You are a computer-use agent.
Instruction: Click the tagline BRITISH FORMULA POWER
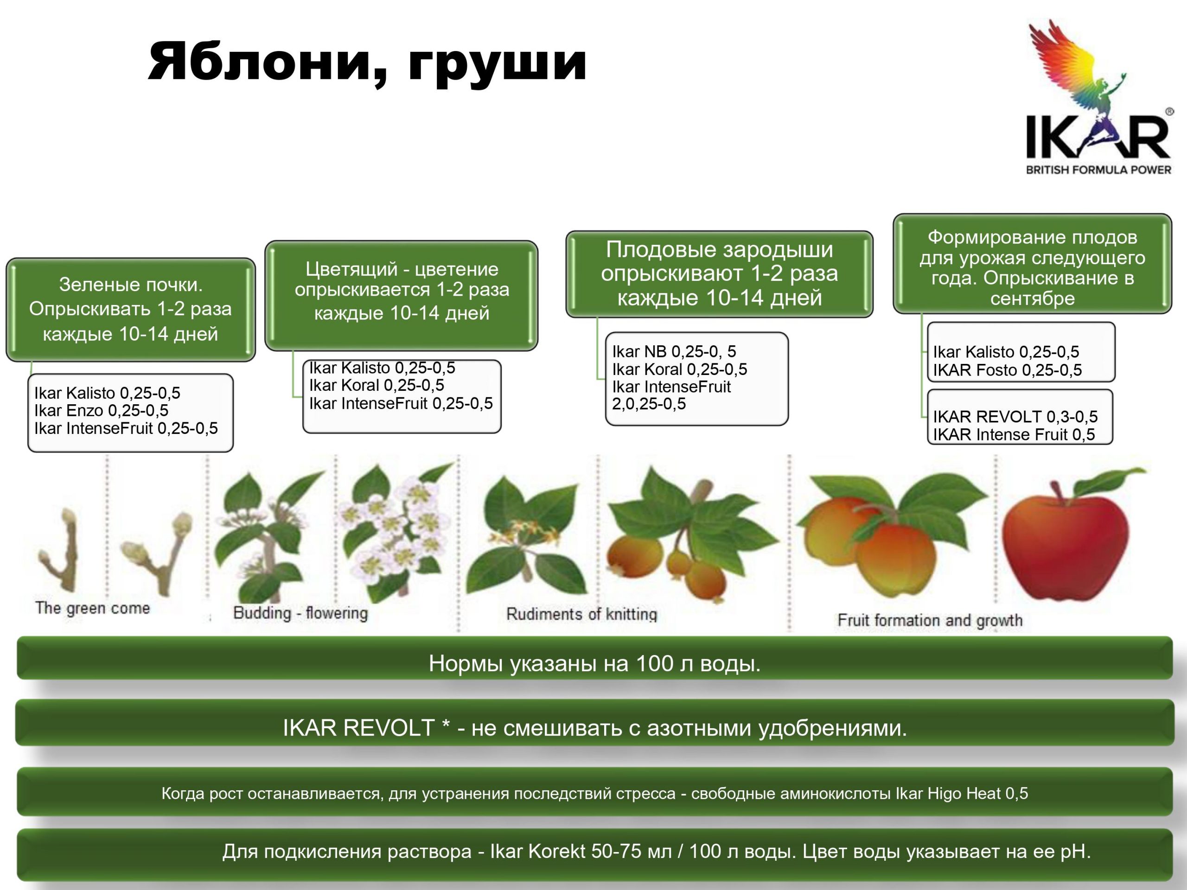[x=1098, y=170]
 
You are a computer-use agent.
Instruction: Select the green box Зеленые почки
[x=130, y=310]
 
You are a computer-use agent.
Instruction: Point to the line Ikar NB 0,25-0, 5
[x=674, y=351]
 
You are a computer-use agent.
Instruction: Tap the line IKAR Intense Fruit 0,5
[x=1014, y=434]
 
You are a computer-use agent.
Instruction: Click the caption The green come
[x=92, y=608]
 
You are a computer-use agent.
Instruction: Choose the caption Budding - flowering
[x=300, y=613]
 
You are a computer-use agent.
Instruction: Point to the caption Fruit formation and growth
[x=930, y=621]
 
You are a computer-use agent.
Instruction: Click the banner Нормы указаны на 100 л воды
[x=594, y=658]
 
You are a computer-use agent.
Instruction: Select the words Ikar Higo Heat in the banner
[x=948, y=794]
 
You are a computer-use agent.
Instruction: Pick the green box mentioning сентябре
[x=1032, y=264]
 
